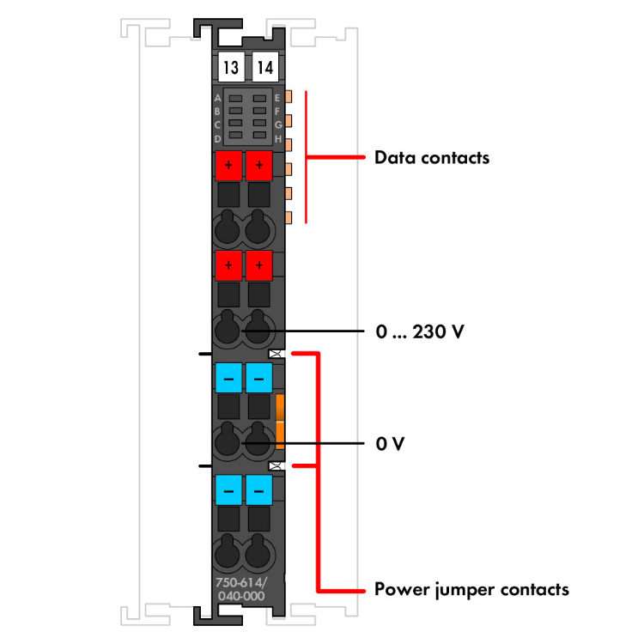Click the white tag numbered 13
click(229, 67)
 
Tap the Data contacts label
click(431, 158)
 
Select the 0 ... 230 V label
click(420, 331)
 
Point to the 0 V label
click(390, 445)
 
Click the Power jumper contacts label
click(471, 590)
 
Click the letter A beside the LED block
click(218, 99)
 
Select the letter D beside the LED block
click(218, 138)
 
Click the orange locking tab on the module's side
click(280, 422)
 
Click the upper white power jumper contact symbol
click(276, 353)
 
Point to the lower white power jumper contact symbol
click(276, 465)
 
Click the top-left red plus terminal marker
click(228, 163)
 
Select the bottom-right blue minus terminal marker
click(258, 490)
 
